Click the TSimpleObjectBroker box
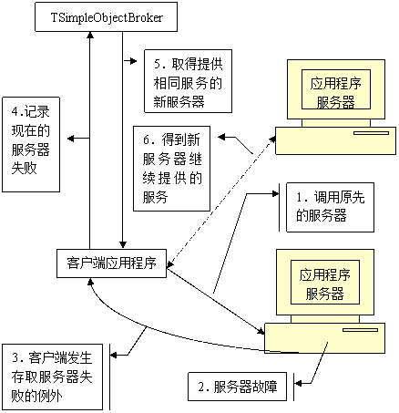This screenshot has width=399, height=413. [106, 17]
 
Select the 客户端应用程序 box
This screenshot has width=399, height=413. [112, 263]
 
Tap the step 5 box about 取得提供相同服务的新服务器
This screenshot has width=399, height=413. [188, 81]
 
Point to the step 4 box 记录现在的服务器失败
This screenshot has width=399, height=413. [31, 144]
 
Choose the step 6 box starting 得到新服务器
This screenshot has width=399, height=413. [171, 169]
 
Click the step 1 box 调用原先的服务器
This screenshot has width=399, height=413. [330, 207]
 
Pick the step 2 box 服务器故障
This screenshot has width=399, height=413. [237, 387]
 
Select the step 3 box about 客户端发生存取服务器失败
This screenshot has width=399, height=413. [52, 377]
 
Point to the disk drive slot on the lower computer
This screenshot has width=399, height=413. [360, 330]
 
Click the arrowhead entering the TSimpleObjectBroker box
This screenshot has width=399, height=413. [90, 36]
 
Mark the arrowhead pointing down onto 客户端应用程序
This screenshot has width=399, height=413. [123, 244]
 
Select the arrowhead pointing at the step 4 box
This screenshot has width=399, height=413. [71, 139]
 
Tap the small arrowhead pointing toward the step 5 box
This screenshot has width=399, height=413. [133, 61]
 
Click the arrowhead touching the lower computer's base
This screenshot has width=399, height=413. [261, 331]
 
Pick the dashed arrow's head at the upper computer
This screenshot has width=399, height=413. [272, 139]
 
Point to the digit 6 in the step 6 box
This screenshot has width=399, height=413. [147, 139]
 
